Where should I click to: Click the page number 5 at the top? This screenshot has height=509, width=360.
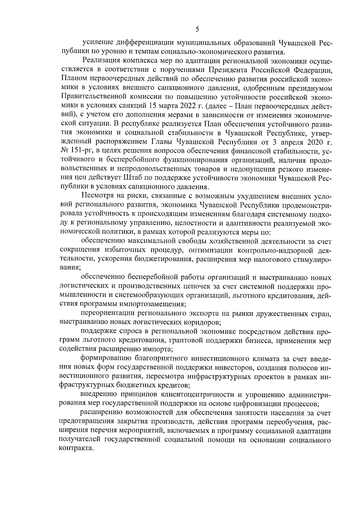[x=197, y=29]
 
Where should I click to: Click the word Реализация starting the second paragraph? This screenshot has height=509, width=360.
[x=101, y=61]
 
